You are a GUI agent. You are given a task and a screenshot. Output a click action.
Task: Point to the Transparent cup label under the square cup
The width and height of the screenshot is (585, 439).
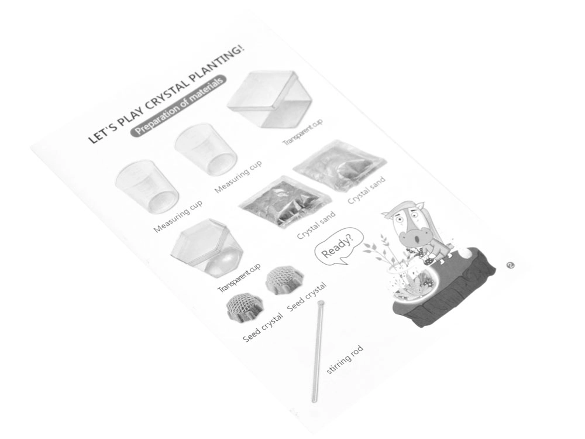point(302,132)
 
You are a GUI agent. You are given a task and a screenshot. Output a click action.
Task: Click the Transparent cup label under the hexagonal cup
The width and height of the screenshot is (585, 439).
point(239,278)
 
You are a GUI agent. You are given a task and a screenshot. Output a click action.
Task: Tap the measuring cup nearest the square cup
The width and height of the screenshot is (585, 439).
point(205,149)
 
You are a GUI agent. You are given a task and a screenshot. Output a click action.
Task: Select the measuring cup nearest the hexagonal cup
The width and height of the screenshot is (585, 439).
point(147,187)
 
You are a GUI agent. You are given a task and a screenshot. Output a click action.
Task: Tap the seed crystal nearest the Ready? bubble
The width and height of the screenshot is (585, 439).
point(285,280)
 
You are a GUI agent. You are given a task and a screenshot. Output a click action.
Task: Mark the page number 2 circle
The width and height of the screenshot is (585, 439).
point(510,265)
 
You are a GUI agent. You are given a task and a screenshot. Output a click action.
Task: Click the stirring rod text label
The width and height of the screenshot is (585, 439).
point(345,359)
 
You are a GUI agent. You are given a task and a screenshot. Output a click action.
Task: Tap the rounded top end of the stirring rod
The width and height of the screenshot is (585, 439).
point(321,303)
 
